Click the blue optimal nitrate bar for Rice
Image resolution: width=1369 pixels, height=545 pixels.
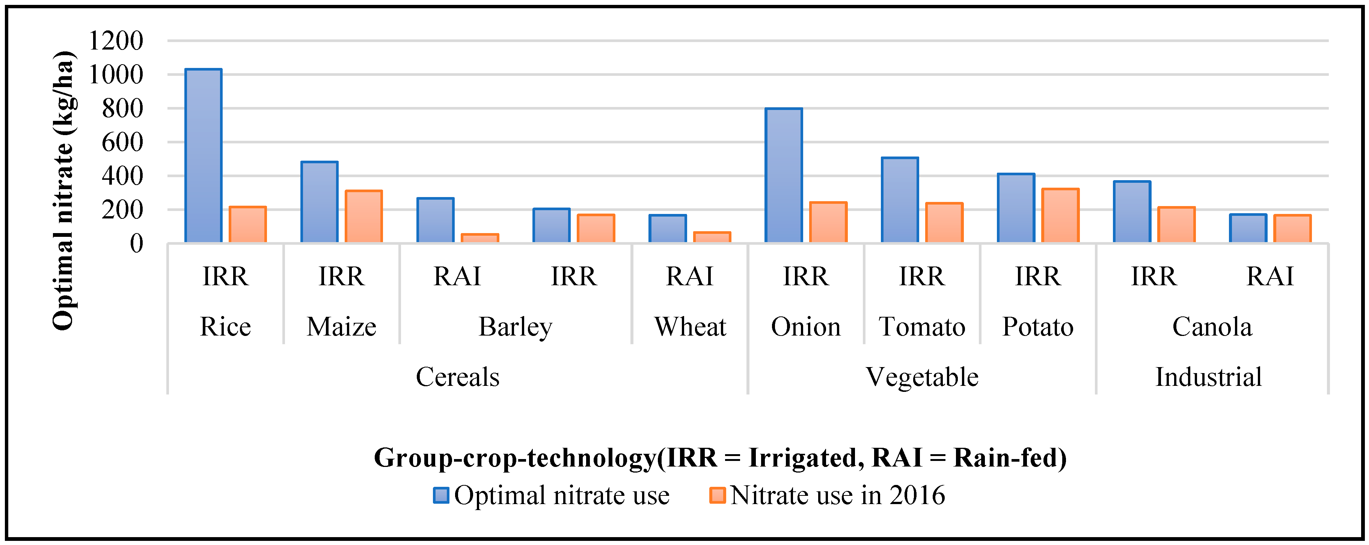[x=203, y=156]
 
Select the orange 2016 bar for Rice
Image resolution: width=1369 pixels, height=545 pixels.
[x=248, y=225]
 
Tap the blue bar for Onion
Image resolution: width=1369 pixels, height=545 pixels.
[x=783, y=176]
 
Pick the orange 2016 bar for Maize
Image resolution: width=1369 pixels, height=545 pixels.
[x=363, y=217]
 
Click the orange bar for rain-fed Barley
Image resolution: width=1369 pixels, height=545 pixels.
[x=479, y=238]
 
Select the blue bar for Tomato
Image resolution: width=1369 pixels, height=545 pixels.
[x=900, y=200]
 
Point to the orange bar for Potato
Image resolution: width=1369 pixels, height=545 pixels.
[x=1060, y=216]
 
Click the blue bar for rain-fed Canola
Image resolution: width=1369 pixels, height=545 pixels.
[x=1248, y=229]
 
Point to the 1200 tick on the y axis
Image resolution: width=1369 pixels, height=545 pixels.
[x=116, y=41]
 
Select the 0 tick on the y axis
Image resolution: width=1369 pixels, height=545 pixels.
[x=137, y=244]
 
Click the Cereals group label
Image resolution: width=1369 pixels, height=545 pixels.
[x=458, y=377]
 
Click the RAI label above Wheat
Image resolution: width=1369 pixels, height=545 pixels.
[x=689, y=276]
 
